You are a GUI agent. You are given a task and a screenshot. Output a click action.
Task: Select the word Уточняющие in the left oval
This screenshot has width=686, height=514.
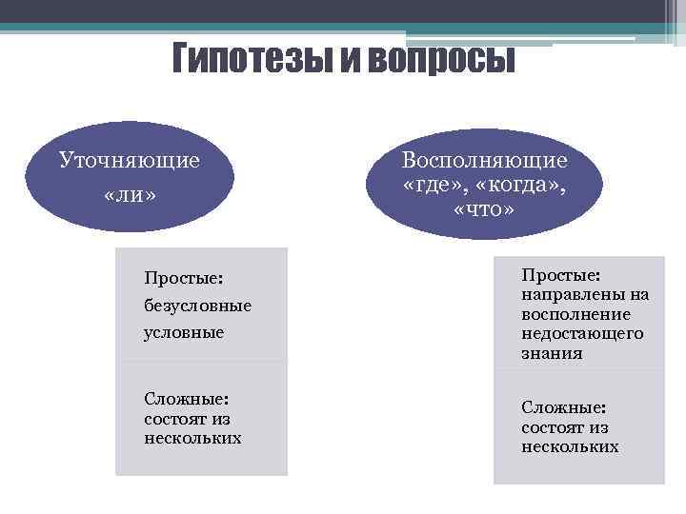click(x=130, y=159)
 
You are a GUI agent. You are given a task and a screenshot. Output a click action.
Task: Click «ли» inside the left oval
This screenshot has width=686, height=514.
click(x=130, y=194)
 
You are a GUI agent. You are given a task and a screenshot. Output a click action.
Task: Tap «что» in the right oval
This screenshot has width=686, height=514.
click(x=484, y=207)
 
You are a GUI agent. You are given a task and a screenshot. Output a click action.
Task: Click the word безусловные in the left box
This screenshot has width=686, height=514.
click(x=197, y=306)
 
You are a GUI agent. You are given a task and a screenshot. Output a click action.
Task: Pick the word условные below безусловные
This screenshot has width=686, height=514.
click(x=184, y=332)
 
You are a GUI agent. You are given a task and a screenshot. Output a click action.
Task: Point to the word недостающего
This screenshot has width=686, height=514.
click(x=582, y=333)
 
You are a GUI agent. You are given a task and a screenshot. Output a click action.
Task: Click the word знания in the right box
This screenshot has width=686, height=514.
click(x=552, y=352)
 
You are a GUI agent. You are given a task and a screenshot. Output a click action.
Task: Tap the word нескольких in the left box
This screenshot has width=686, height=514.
click(x=192, y=438)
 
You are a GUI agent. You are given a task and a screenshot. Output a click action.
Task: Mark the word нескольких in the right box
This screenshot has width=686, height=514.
click(x=570, y=445)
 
